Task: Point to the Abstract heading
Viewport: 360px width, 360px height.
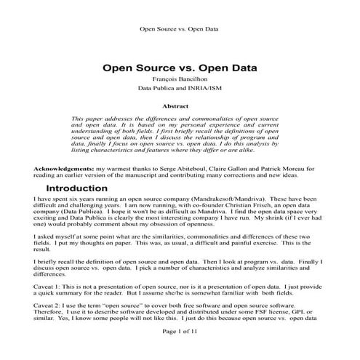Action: pos(180,106)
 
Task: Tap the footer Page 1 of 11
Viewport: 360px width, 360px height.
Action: pos(180,351)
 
